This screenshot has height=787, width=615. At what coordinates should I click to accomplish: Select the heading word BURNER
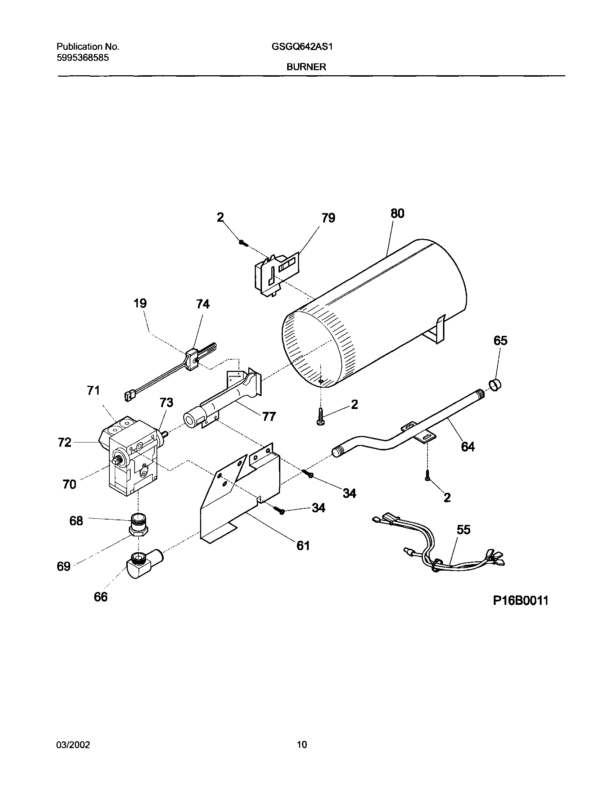[x=306, y=67]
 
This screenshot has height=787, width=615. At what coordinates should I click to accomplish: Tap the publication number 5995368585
[x=83, y=58]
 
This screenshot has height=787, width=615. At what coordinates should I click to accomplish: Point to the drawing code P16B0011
[x=521, y=601]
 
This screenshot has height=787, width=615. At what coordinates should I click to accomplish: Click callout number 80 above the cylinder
[x=397, y=213]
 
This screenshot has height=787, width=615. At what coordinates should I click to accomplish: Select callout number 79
[x=328, y=218]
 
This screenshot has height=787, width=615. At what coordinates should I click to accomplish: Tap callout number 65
[x=501, y=341]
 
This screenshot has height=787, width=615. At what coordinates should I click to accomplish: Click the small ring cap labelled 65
[x=496, y=386]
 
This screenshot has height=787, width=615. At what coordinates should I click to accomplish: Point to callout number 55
[x=464, y=530]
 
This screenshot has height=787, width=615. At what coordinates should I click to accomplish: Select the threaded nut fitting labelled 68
[x=139, y=526]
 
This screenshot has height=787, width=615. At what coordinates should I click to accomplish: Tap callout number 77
[x=269, y=417]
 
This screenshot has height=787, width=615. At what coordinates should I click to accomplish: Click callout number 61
[x=303, y=545]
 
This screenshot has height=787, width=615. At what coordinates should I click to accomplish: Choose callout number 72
[x=65, y=442]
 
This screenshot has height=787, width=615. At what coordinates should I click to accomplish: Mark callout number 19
[x=140, y=303]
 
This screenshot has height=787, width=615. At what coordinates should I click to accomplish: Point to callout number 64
[x=468, y=447]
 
